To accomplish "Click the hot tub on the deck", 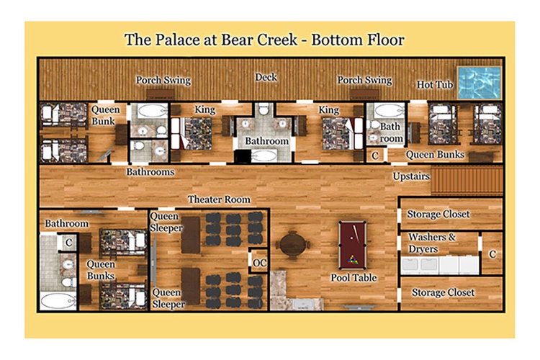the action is click(479, 83).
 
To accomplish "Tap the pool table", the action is click(352, 245).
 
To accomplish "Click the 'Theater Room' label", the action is click(219, 199).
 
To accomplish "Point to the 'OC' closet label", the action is click(259, 264).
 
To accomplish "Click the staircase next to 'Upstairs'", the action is click(467, 180).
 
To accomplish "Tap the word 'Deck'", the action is click(266, 77).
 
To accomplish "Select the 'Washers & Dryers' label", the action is click(432, 243).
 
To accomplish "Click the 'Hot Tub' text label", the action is click(435, 85).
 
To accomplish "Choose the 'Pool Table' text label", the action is click(354, 278).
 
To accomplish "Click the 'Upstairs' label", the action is click(411, 176).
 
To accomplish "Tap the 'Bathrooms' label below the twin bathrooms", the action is click(150, 172).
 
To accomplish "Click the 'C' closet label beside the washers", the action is click(492, 254).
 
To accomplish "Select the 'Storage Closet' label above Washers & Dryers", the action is click(438, 215).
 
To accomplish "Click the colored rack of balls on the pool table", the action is click(352, 259).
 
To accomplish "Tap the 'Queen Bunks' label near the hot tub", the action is click(435, 155).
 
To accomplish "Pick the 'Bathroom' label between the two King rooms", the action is click(267, 141).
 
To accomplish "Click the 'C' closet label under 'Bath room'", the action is click(375, 156).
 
